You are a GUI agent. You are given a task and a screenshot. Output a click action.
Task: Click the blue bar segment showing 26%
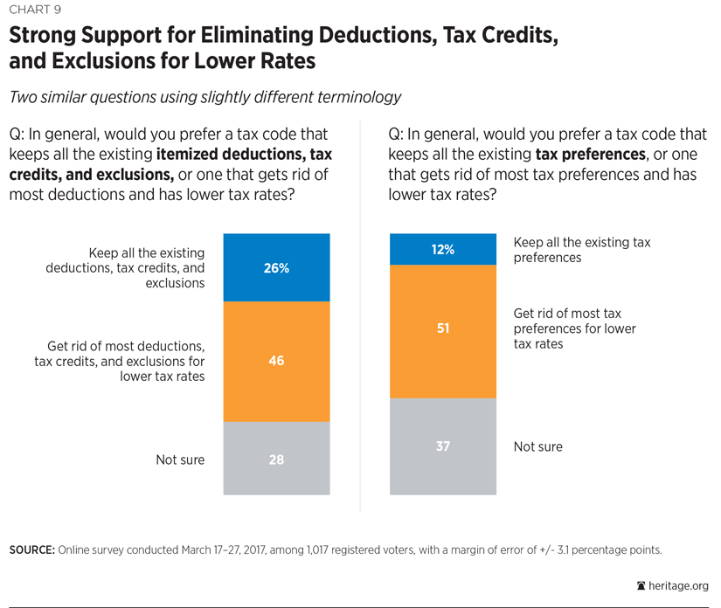276,267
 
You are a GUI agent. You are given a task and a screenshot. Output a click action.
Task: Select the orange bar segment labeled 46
276,361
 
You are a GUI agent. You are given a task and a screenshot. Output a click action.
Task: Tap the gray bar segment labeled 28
276,459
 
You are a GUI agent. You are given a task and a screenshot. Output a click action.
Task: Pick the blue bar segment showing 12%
442,249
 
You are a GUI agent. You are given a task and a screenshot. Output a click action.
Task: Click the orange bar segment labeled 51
442,330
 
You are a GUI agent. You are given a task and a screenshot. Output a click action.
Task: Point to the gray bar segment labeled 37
442,446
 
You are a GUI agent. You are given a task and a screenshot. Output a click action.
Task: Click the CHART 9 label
34,11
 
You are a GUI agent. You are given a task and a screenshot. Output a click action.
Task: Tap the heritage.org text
679,586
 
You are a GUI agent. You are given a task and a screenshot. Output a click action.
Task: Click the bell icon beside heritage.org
641,586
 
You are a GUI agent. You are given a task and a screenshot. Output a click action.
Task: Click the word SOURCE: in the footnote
31,549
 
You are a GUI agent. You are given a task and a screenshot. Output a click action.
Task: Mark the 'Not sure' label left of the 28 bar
180,459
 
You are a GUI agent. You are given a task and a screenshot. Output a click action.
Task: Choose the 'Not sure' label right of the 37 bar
538,446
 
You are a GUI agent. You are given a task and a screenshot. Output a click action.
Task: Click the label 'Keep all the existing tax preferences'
581,250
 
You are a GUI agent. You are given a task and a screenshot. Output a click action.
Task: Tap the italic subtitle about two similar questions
205,97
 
